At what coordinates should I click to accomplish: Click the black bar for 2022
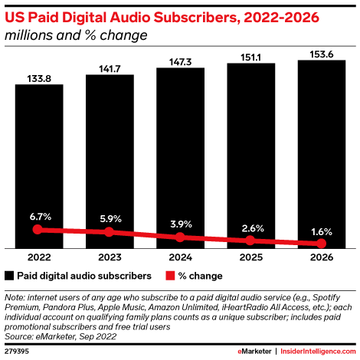point(39,166)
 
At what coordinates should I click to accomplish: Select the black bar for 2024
point(180,158)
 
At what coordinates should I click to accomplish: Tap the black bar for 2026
point(322,154)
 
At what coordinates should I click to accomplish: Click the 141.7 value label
point(110,69)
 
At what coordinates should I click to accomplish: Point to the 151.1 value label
point(251,57)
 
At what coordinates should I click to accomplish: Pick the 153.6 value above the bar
point(322,54)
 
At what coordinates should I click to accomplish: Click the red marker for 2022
point(38,229)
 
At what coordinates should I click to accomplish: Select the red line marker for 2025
point(250,241)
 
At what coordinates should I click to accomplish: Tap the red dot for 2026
point(322,244)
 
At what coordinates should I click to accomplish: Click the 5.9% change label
point(110,219)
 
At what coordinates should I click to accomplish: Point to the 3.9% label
point(181,224)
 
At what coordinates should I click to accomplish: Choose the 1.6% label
point(322,232)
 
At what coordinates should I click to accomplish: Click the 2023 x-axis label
point(110,257)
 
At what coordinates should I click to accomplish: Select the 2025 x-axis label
point(251,257)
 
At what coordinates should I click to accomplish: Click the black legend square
point(9,276)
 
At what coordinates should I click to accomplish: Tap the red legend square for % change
point(170,276)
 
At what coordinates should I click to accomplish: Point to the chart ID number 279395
point(17,352)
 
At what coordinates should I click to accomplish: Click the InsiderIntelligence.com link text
point(318,352)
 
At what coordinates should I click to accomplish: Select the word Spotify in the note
point(326,298)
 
